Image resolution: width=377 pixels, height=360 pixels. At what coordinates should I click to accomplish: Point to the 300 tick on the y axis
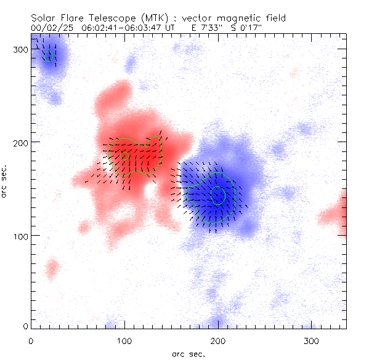[22, 49]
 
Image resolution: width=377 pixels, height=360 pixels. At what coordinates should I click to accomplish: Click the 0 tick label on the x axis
[31, 340]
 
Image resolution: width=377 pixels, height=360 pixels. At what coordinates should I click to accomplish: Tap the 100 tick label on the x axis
[124, 340]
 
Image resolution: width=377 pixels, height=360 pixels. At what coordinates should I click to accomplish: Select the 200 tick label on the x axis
[218, 340]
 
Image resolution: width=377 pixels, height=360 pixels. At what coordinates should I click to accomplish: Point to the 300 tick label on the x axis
[312, 340]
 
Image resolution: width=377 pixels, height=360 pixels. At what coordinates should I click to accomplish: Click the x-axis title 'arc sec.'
[188, 353]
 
